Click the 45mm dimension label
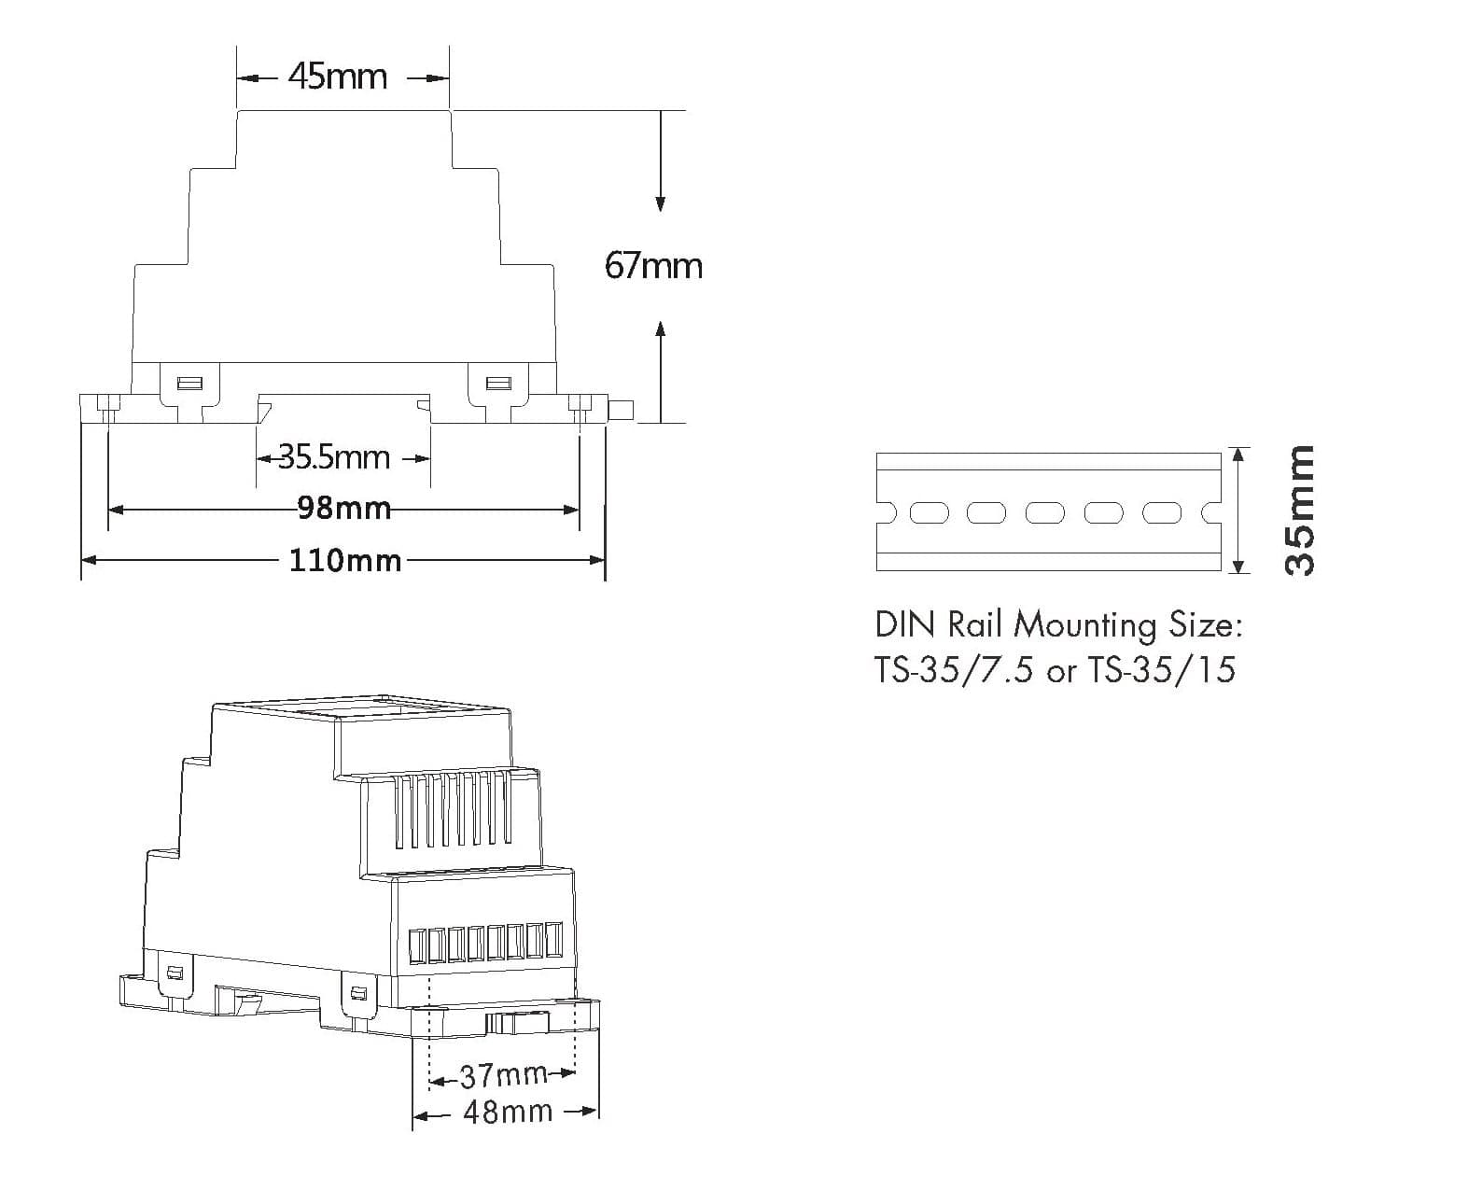[x=338, y=76]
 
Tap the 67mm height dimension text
[x=653, y=266]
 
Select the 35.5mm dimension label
[x=334, y=457]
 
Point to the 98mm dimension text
[x=343, y=508]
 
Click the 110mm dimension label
[x=345, y=560]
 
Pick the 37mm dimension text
[x=504, y=1075]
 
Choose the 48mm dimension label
[x=508, y=1112]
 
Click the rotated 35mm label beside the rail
[x=1299, y=511]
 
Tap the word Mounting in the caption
[x=1084, y=625]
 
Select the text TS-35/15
[x=1161, y=669]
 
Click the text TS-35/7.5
[x=954, y=669]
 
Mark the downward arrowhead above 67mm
[x=661, y=203]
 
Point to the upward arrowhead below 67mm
[x=661, y=329]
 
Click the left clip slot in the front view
[x=189, y=384]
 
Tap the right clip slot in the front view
[x=498, y=384]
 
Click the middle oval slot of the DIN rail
[x=1045, y=513]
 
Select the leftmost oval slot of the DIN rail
[x=929, y=513]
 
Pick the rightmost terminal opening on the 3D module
[x=553, y=941]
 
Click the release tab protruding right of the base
[x=621, y=410]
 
